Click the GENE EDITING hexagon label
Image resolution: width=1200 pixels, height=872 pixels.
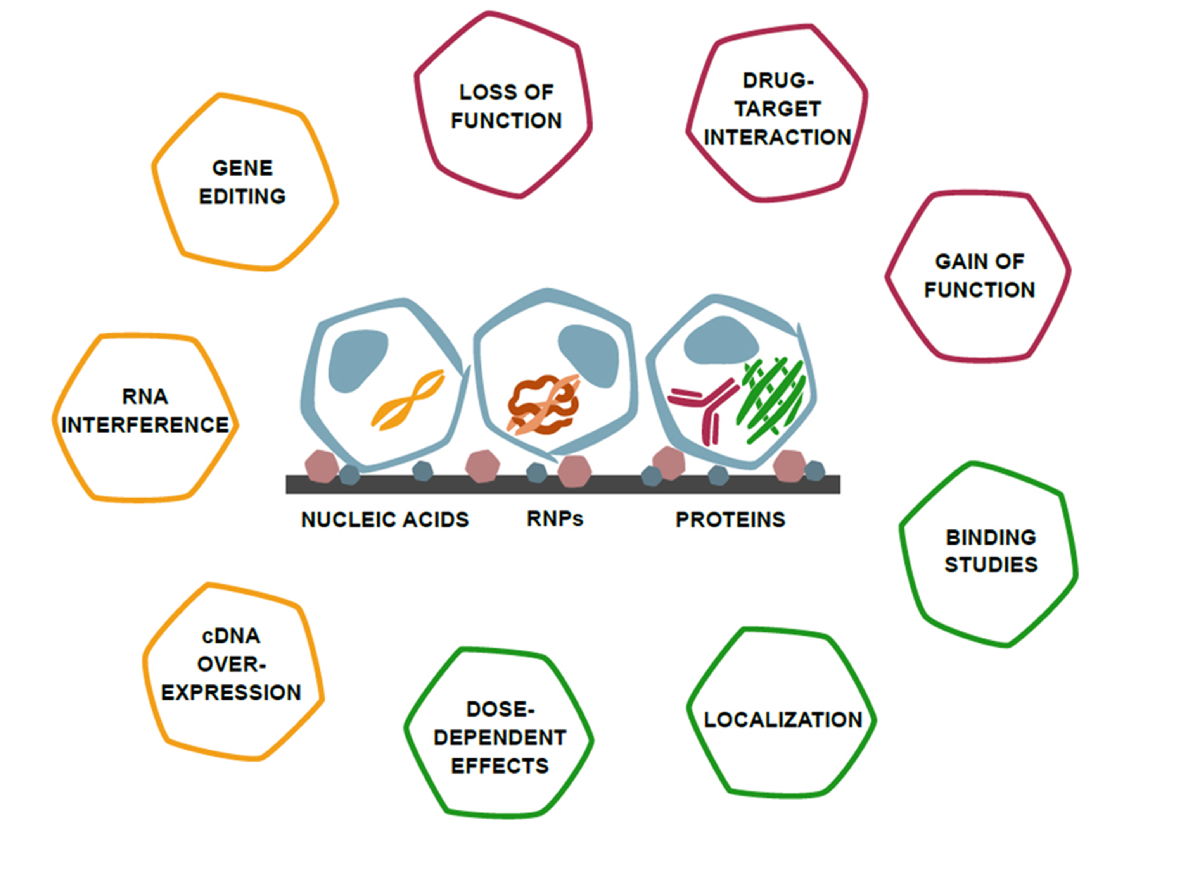(242, 182)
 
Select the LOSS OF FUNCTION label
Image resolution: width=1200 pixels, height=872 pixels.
(506, 106)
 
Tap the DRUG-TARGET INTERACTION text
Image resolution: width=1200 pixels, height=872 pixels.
(777, 109)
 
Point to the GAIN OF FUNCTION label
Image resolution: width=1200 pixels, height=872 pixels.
(979, 276)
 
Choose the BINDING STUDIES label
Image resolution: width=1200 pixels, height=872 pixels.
(991, 550)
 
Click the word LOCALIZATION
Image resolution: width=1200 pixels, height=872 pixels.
(783, 720)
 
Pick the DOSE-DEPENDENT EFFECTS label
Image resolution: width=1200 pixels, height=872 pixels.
(500, 737)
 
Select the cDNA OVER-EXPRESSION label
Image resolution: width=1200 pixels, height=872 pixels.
(231, 664)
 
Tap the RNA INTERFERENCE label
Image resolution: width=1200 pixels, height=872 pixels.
(145, 411)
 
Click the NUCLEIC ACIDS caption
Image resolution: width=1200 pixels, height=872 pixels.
(385, 520)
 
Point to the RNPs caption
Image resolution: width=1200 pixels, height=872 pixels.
(555, 519)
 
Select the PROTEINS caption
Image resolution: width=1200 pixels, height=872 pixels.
(730, 520)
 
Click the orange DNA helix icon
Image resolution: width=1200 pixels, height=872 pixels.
(408, 399)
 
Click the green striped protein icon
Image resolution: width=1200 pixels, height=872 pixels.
(772, 399)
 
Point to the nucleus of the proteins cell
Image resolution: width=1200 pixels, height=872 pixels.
(721, 341)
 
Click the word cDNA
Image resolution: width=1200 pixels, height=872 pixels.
(231, 636)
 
